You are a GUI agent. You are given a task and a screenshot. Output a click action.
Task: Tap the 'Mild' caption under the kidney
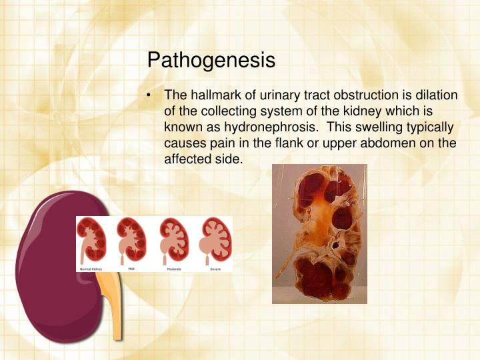point(131,268)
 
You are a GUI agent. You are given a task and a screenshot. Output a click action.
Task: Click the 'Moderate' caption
point(175,268)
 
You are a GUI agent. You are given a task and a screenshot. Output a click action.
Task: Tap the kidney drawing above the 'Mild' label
point(131,239)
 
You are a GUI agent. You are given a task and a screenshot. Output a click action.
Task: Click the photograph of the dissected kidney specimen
point(319,233)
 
